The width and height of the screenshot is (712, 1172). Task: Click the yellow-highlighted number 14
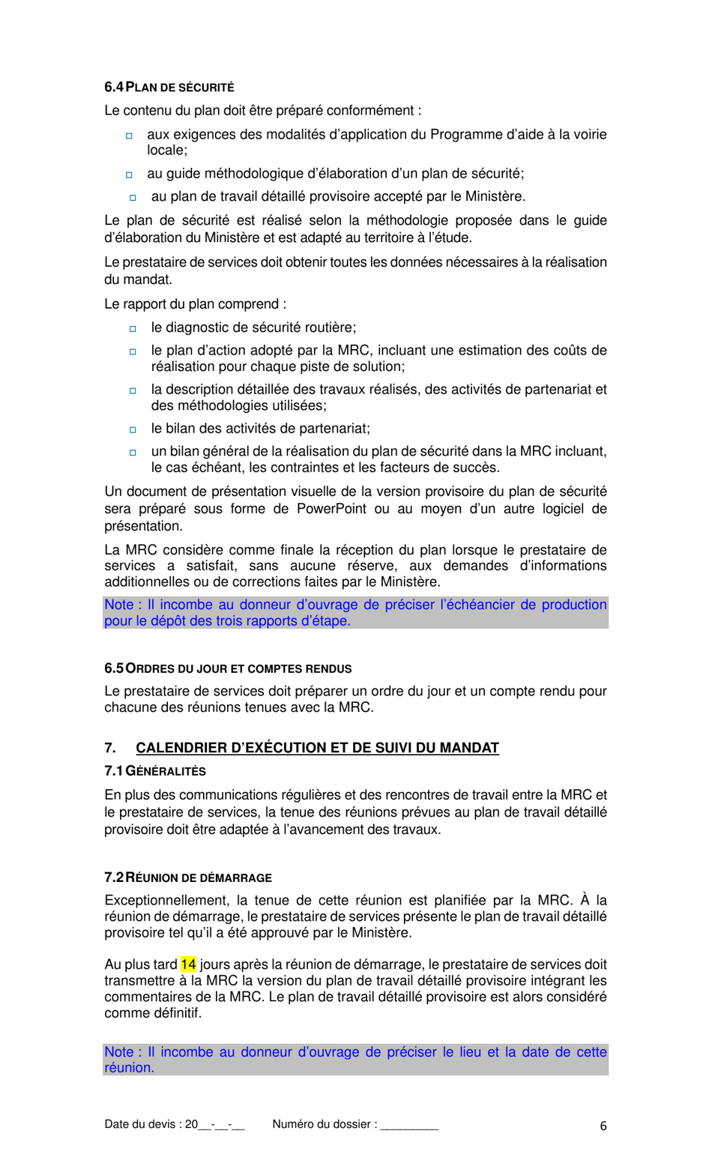(x=188, y=964)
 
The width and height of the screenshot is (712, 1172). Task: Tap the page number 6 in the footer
(x=603, y=1126)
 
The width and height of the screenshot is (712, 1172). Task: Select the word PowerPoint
(x=331, y=509)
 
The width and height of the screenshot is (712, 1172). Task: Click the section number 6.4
(x=113, y=87)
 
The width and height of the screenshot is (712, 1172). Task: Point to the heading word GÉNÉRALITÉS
(x=166, y=771)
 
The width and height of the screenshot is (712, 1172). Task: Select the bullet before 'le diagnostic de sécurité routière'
(x=133, y=328)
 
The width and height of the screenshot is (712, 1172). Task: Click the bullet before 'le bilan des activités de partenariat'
(x=133, y=429)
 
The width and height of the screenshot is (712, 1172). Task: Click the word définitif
(x=178, y=1013)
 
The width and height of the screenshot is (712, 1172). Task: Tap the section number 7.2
(x=113, y=878)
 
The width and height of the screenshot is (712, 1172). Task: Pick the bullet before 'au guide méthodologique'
(x=129, y=175)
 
